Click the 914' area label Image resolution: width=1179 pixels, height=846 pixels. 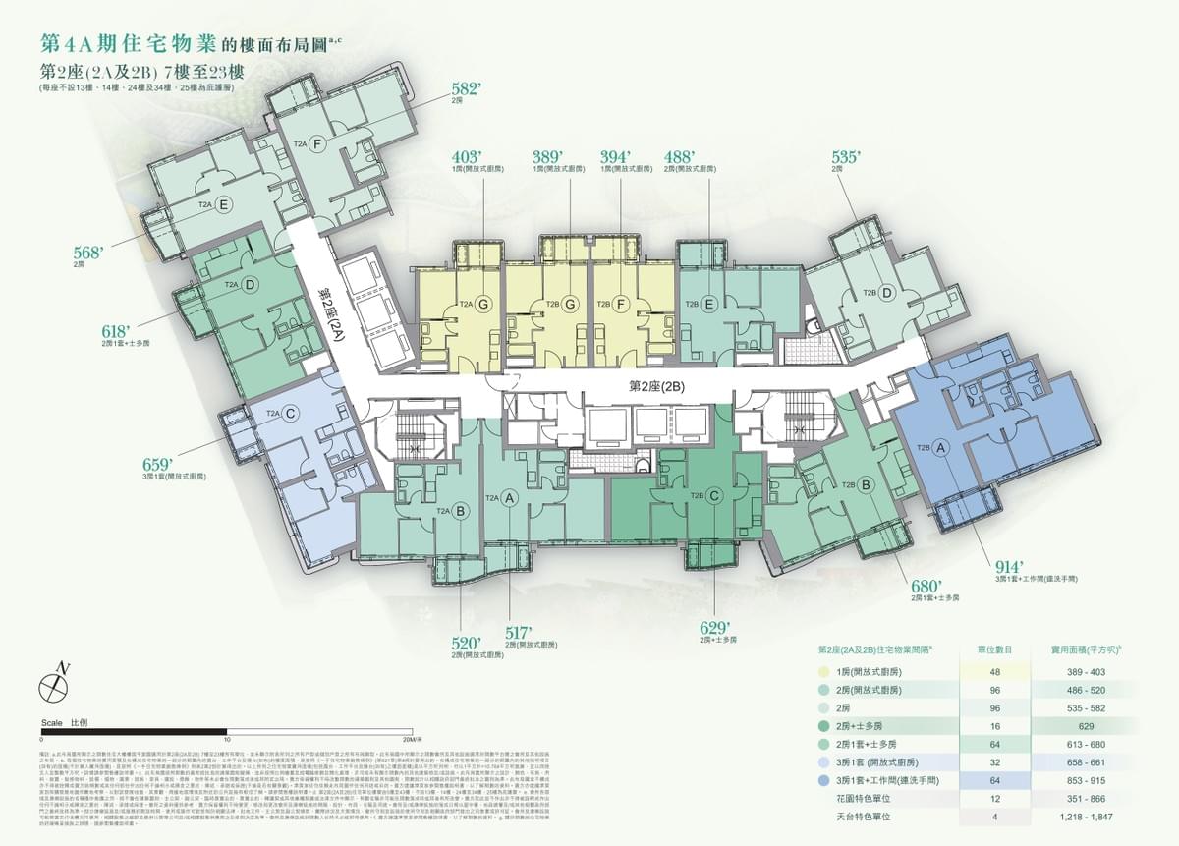pyautogui.click(x=1010, y=567)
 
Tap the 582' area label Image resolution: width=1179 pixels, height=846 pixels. pyautogui.click(x=466, y=89)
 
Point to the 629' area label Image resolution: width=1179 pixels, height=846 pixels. pyautogui.click(x=715, y=628)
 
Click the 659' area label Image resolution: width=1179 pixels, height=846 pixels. pyautogui.click(x=158, y=464)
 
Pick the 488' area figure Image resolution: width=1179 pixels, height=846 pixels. pyautogui.click(x=679, y=157)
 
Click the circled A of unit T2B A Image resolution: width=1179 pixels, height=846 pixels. pyautogui.click(x=939, y=448)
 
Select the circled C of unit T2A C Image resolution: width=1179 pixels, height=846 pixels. pyautogui.click(x=292, y=414)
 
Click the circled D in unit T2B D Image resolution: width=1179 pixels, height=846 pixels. pyautogui.click(x=886, y=293)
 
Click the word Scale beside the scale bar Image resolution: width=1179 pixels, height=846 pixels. pyautogui.click(x=53, y=722)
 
